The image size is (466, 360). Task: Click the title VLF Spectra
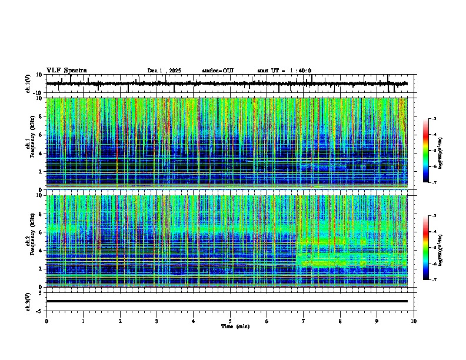(66, 70)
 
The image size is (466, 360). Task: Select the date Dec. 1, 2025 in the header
(164, 71)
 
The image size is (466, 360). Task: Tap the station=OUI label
(218, 71)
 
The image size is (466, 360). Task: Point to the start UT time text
(284, 71)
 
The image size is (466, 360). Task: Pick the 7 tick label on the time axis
(304, 321)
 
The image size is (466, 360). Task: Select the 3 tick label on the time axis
(157, 321)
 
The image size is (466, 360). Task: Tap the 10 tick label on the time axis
(414, 321)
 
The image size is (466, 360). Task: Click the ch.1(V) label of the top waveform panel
(28, 84)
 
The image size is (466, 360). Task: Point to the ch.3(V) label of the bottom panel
(28, 301)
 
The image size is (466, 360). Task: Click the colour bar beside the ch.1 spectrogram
(426, 151)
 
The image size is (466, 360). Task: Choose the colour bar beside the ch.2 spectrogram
(426, 248)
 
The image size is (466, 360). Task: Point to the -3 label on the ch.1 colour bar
(434, 119)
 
